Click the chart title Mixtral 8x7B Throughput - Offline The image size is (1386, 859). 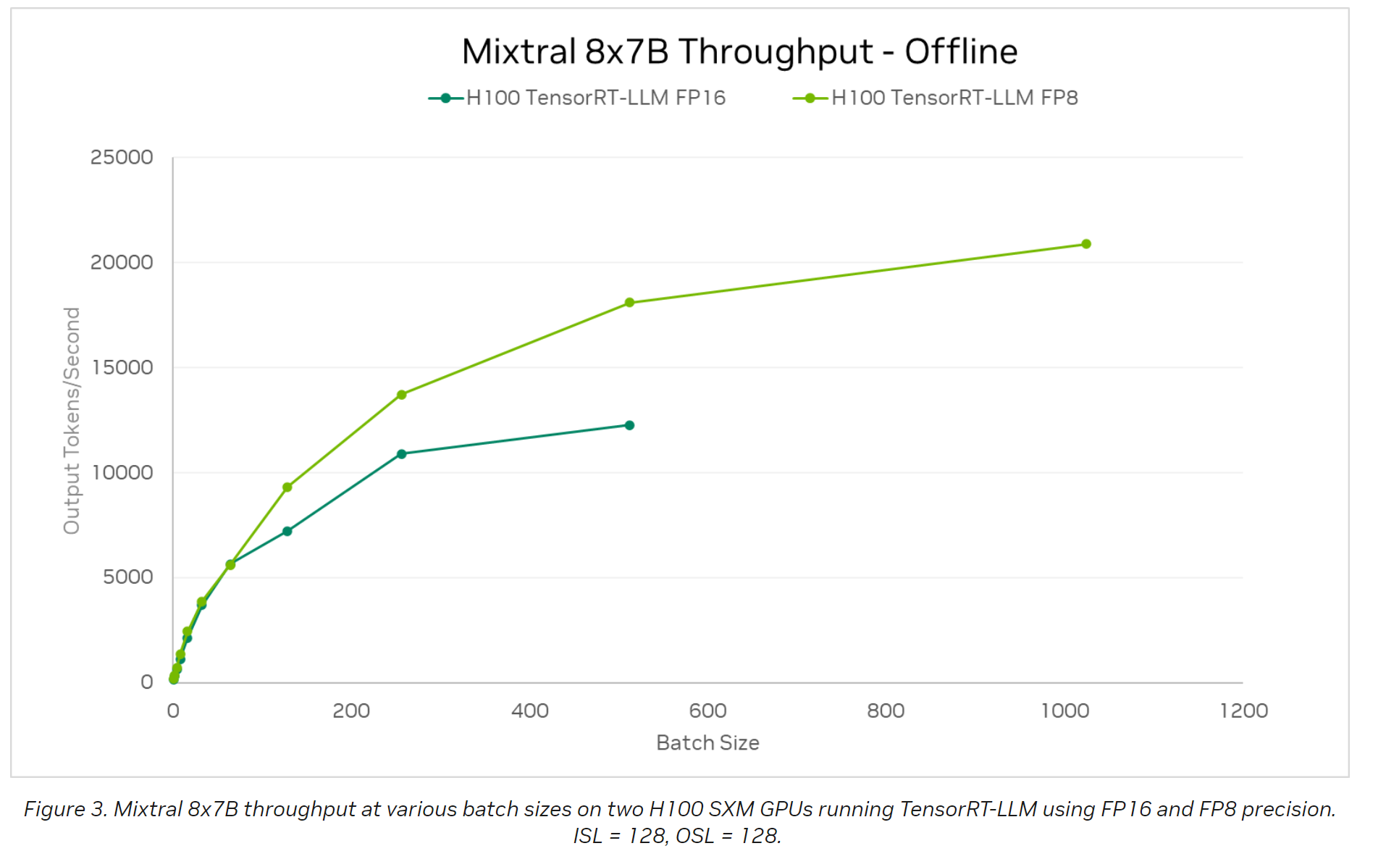tap(739, 52)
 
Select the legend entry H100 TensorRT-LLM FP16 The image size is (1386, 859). tap(595, 98)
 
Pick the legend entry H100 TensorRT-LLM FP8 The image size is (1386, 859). tap(954, 98)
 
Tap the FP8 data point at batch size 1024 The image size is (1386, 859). tap(1085, 244)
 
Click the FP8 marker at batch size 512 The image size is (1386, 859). tap(629, 303)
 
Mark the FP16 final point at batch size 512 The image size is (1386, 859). tap(629, 425)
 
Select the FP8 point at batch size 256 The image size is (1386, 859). tap(401, 395)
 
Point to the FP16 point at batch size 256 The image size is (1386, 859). tap(401, 454)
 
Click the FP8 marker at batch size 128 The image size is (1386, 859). tap(287, 487)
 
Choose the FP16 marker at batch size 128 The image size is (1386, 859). tap(287, 532)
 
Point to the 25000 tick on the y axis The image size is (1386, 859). tap(122, 157)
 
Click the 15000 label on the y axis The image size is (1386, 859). tap(122, 367)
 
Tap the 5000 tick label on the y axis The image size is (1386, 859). tap(127, 577)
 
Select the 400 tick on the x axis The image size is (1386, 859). tap(529, 711)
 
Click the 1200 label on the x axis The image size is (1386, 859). tap(1243, 711)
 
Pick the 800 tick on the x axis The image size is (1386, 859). tap(886, 711)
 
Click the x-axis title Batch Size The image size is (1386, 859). tap(707, 743)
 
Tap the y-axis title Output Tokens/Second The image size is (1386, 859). tap(72, 420)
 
